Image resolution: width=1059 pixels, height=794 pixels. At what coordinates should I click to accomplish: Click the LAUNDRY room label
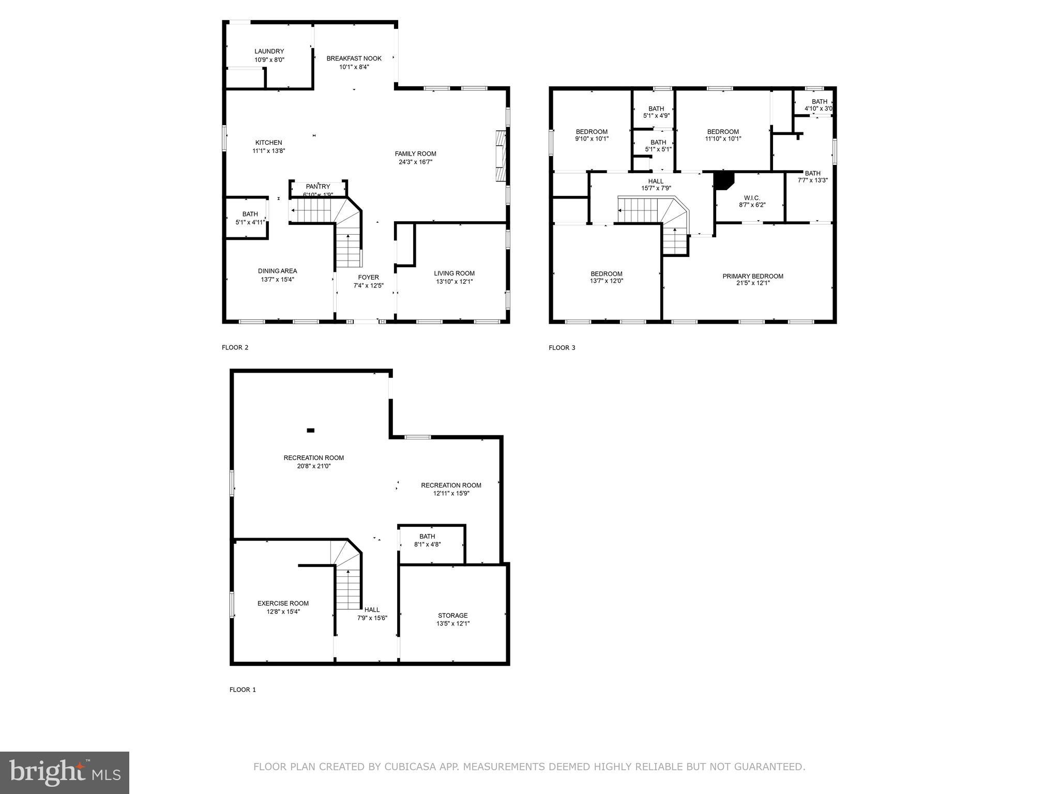(269, 52)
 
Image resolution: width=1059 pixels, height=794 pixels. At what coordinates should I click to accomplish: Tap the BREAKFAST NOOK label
(354, 58)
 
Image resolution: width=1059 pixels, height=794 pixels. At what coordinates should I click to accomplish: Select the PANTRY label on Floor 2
(317, 187)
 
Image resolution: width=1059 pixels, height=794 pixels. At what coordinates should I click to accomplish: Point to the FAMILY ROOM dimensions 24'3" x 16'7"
(415, 162)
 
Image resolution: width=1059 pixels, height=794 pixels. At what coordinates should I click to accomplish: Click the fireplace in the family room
(500, 156)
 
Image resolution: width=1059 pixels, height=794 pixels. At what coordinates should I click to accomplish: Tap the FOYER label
(368, 278)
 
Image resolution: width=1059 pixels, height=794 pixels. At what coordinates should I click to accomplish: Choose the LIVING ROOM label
(454, 273)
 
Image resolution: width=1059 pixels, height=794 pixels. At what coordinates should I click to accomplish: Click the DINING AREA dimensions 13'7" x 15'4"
(277, 280)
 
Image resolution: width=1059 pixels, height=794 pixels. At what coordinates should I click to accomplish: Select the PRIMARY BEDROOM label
(752, 276)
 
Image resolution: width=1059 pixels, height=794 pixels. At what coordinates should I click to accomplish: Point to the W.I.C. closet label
(752, 198)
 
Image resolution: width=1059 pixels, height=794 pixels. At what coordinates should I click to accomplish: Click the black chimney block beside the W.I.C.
(723, 180)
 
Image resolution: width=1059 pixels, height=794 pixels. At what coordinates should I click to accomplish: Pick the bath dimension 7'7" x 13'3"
(812, 180)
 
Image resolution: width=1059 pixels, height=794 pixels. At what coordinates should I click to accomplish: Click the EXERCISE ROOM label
(283, 603)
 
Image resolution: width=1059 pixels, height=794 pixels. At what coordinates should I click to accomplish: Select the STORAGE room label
(452, 615)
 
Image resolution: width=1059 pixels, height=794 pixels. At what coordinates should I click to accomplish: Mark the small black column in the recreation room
(310, 430)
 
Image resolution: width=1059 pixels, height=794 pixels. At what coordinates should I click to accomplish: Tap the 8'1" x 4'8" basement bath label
(427, 544)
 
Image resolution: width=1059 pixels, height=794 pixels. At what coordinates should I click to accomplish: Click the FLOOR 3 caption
(562, 348)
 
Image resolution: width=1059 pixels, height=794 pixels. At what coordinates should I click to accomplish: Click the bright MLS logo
(65, 772)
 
